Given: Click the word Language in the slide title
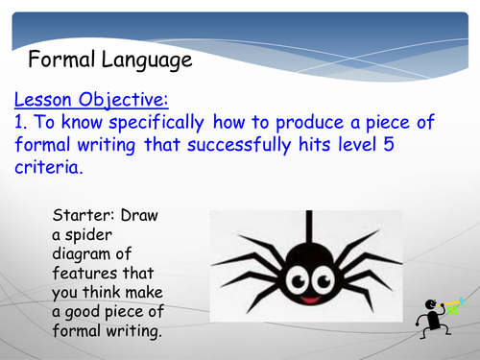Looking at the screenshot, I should pyautogui.click(x=144, y=62).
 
